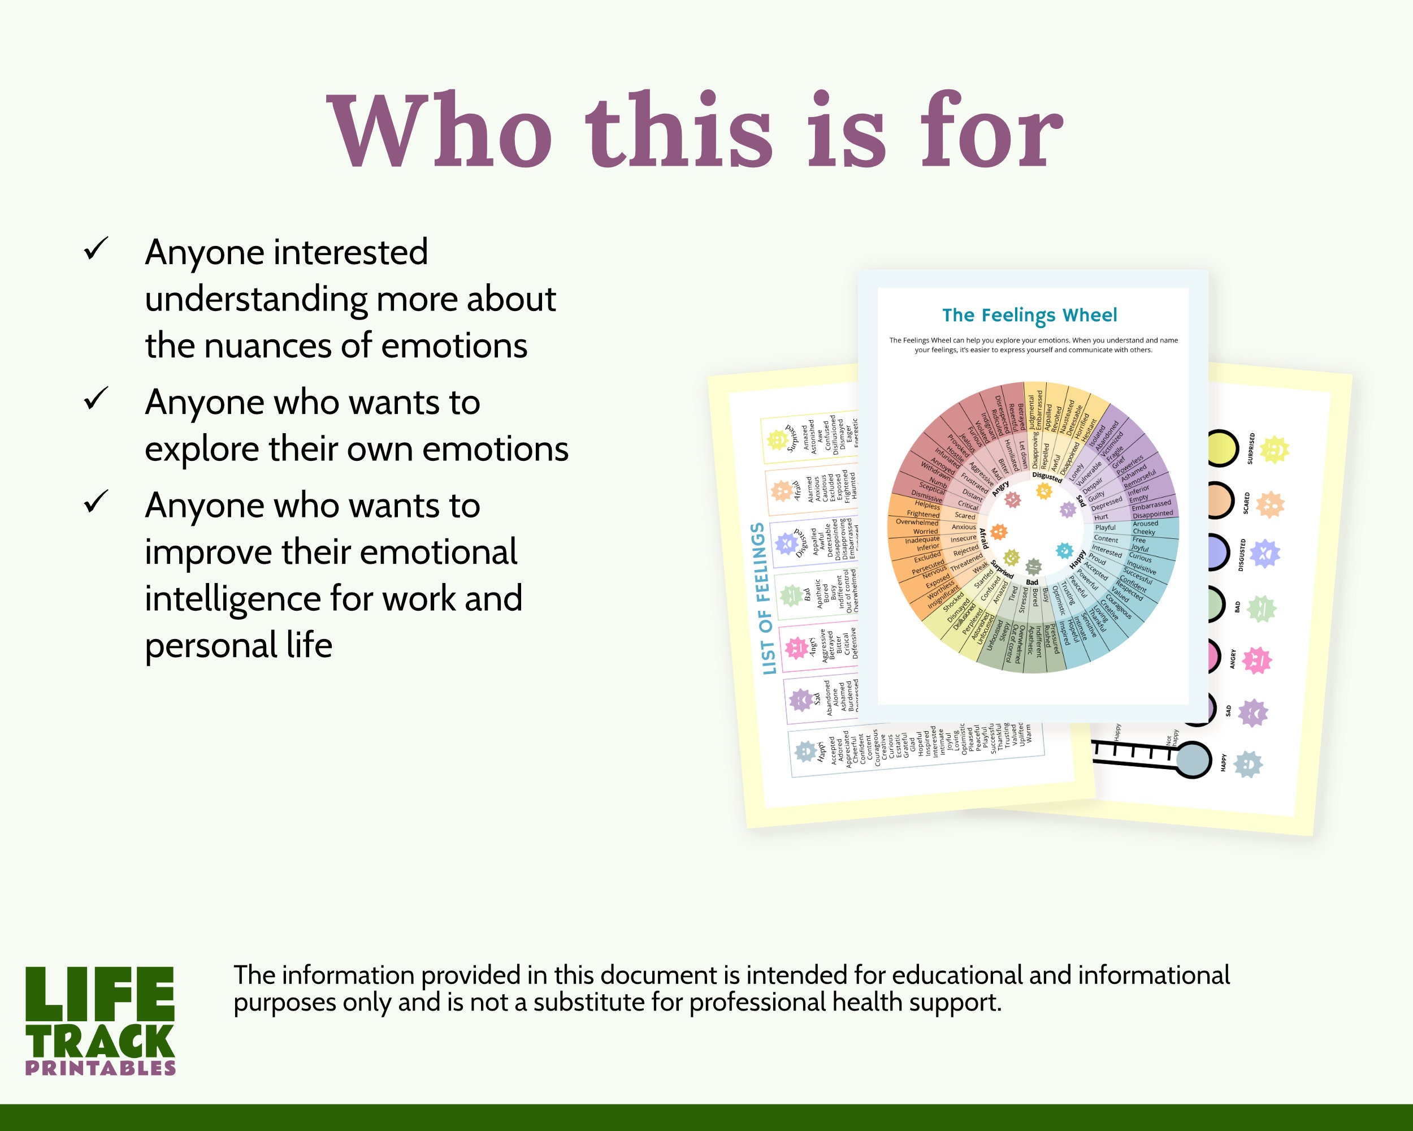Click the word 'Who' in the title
439,131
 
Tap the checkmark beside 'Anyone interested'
96,250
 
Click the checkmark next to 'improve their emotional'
96,502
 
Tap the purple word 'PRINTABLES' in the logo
100,1068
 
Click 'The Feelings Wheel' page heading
1030,316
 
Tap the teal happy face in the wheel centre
1064,551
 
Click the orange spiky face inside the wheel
998,531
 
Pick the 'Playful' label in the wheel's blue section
1105,528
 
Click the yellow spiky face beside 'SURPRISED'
1274,450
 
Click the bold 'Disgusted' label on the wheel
1047,477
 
